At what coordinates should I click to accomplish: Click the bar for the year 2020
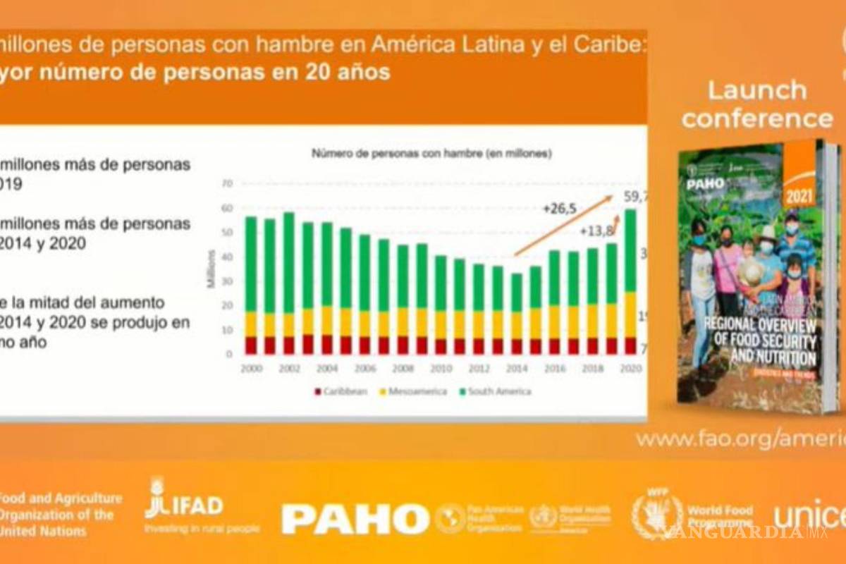(x=630, y=282)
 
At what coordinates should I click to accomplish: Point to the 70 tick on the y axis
(x=227, y=183)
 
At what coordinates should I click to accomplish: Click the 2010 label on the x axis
(x=441, y=369)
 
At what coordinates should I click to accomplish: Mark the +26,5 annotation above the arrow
(x=560, y=208)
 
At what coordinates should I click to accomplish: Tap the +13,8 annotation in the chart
(x=595, y=231)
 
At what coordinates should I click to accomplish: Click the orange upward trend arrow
(x=564, y=226)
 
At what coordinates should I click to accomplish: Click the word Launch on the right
(x=757, y=90)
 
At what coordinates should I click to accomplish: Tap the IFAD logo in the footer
(x=185, y=505)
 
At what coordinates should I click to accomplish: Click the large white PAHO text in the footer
(x=355, y=520)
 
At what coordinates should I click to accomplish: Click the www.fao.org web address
(x=740, y=439)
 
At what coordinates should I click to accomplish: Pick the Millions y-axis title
(x=209, y=268)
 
